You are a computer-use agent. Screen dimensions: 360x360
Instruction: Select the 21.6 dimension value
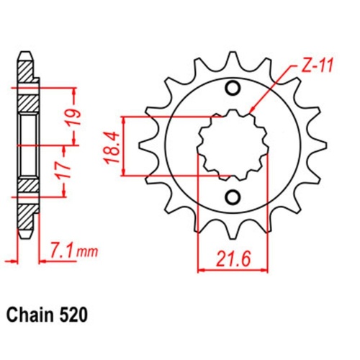click(232, 258)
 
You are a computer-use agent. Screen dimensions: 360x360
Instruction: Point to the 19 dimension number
click(83, 115)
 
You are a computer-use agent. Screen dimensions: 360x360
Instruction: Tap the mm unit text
click(87, 252)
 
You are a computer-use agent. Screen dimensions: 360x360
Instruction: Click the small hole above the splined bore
click(233, 89)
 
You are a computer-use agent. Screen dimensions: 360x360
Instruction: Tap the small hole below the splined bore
click(233, 197)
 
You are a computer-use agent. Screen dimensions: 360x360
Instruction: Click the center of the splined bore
click(232, 143)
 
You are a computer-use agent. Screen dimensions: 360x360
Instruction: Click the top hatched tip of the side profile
click(24, 70)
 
